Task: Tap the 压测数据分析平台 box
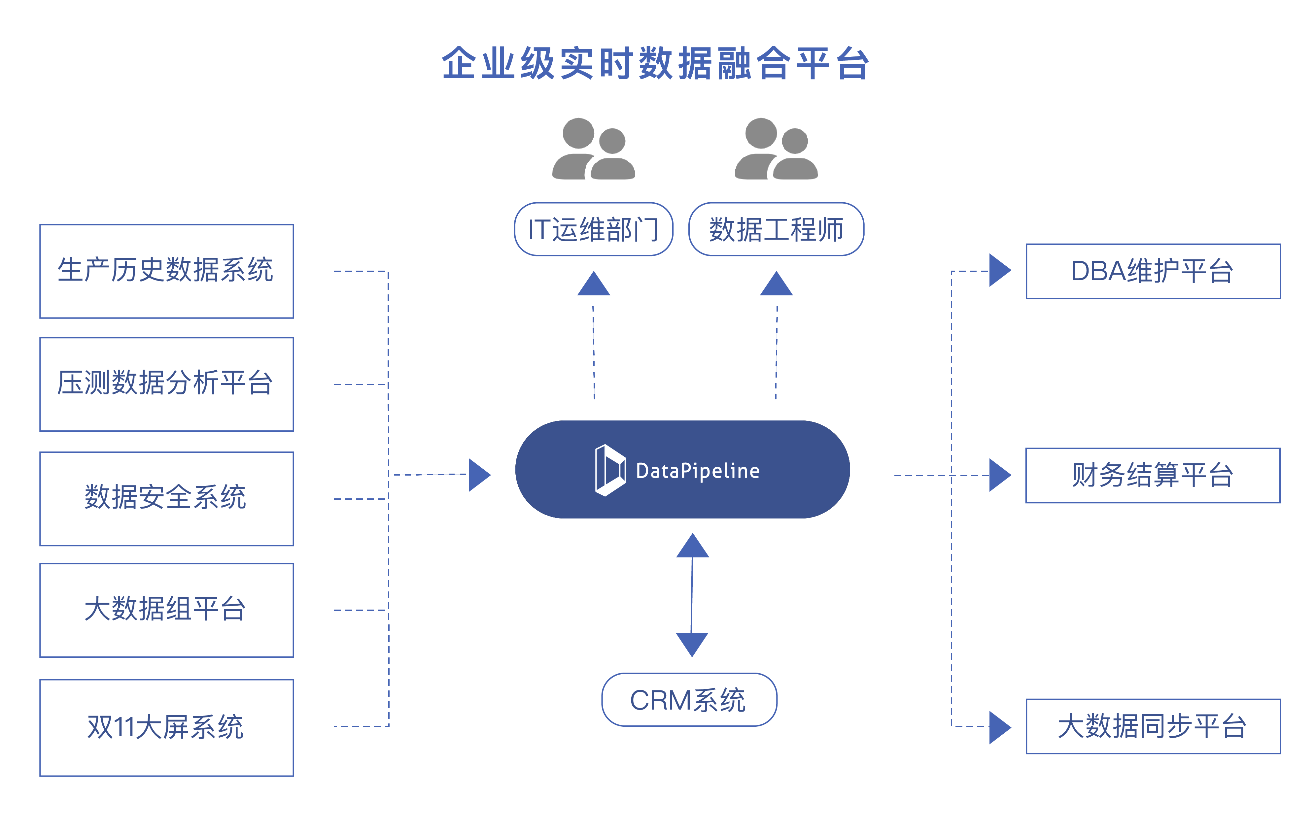tap(166, 384)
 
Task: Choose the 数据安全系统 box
tap(166, 498)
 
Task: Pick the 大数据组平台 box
tap(166, 610)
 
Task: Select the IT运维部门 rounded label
tap(594, 229)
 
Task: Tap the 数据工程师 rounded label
tap(776, 229)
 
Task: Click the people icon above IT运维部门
tap(594, 149)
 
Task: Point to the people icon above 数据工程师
tap(776, 149)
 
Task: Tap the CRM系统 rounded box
tap(689, 700)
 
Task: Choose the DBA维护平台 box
tap(1153, 271)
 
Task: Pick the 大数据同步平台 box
tap(1153, 726)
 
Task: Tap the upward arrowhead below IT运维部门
tap(594, 284)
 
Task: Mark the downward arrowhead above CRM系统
tap(692, 644)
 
